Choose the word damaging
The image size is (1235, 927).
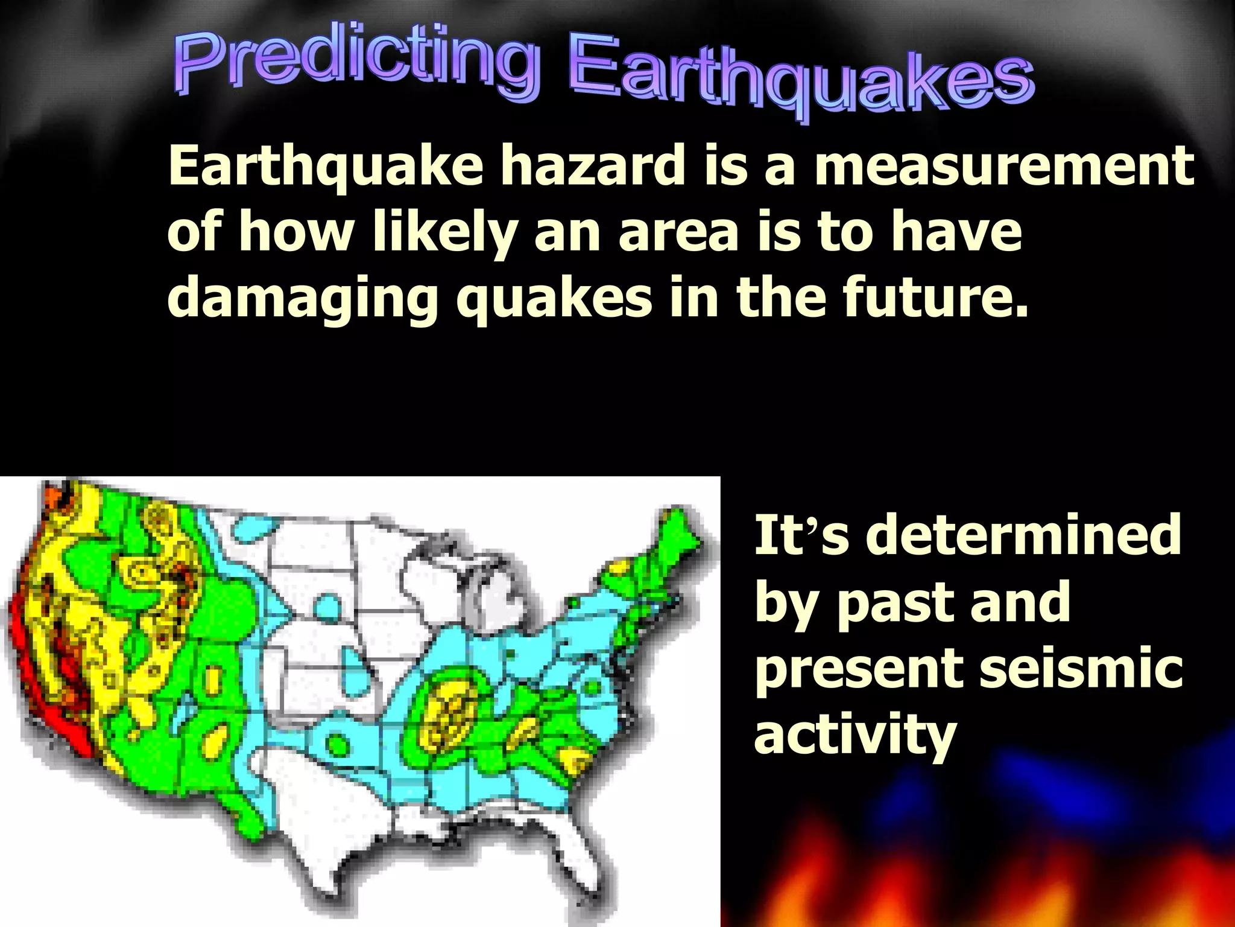click(x=302, y=299)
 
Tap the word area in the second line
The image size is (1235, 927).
click(x=678, y=233)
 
